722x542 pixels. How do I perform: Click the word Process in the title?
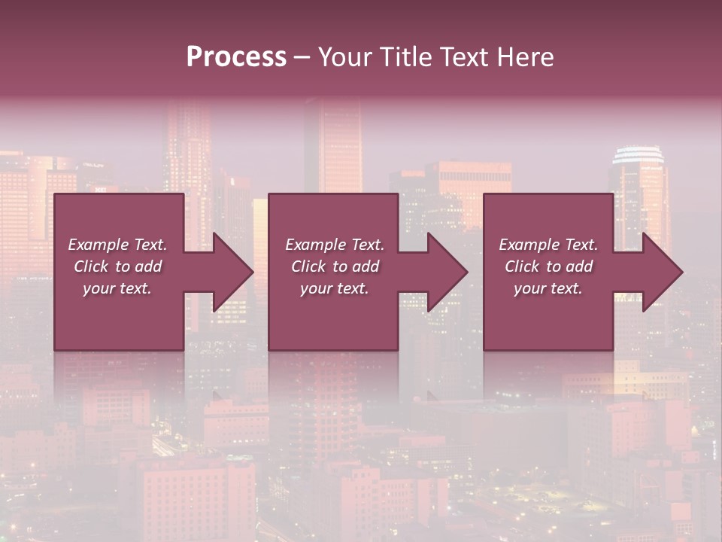[x=236, y=56]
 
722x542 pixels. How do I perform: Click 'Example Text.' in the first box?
[x=117, y=244]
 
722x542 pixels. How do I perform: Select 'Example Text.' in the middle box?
[x=334, y=244]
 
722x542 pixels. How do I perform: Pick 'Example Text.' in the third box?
[x=548, y=244]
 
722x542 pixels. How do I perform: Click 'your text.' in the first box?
[x=117, y=288]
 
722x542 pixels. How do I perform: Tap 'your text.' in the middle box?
[x=334, y=288]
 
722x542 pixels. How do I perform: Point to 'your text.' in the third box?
[x=548, y=288]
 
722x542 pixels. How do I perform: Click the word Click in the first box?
[x=91, y=266]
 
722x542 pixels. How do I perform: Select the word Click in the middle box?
[x=308, y=266]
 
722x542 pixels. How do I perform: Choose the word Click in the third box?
[x=522, y=266]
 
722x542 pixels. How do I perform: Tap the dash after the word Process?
[x=302, y=57]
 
